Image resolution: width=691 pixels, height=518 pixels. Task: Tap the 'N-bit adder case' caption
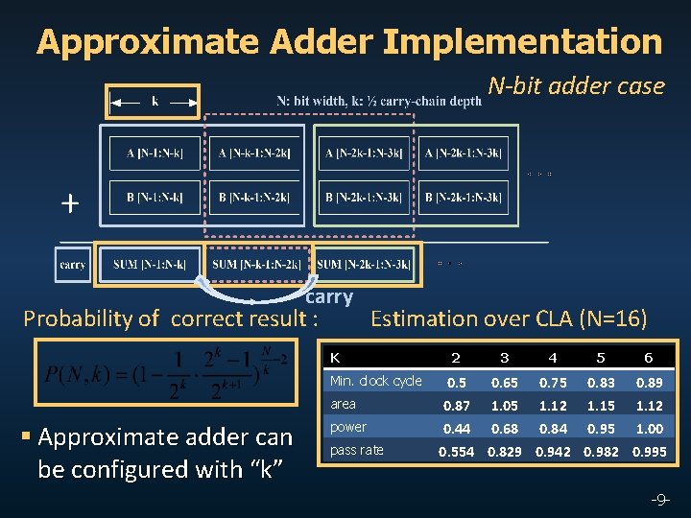pyautogui.click(x=576, y=86)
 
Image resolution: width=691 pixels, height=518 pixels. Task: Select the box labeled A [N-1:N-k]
pyautogui.click(x=155, y=153)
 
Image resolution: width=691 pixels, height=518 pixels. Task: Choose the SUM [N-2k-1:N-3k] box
pyautogui.click(x=364, y=264)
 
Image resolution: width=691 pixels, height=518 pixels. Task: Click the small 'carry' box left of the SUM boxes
pyautogui.click(x=72, y=264)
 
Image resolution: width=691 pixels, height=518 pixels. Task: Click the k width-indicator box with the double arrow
pyautogui.click(x=154, y=100)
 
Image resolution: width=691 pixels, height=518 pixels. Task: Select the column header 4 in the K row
pyautogui.click(x=552, y=358)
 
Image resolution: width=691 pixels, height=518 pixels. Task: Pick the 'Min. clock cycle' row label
pyautogui.click(x=375, y=381)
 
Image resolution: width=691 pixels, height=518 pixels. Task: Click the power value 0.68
pyautogui.click(x=504, y=428)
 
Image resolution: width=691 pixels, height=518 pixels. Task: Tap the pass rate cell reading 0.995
pyautogui.click(x=649, y=451)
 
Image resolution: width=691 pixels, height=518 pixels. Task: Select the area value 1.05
pyautogui.click(x=504, y=405)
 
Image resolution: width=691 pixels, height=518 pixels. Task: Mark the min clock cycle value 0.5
pyautogui.click(x=456, y=382)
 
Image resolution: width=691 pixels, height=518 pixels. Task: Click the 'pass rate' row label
pyautogui.click(x=356, y=450)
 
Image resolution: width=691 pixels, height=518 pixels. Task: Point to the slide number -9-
pyautogui.click(x=660, y=499)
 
